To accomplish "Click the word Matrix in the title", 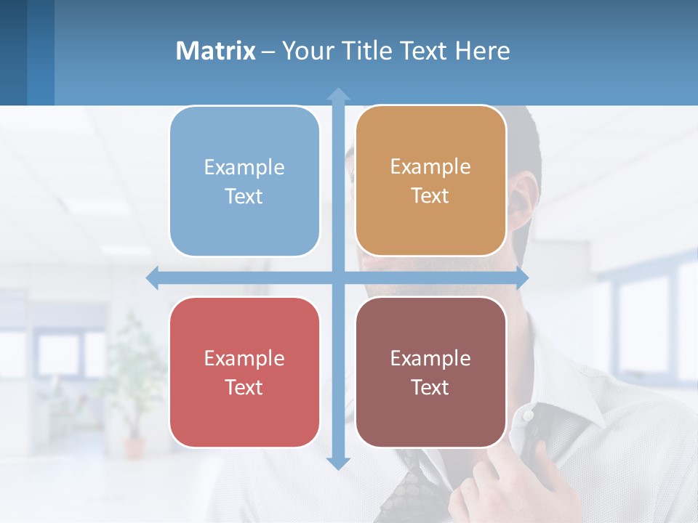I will coord(216,51).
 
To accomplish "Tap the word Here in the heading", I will coord(483,51).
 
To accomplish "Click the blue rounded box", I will coord(244,181).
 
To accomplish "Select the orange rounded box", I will coord(430,181).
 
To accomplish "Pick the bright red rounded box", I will coord(244,372).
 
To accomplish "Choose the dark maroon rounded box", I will coord(430,372).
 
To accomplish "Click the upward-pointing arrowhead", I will coord(338,94).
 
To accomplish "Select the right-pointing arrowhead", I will coord(522,277).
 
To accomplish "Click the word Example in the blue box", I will coord(244,167).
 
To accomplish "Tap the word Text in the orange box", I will coord(430,196).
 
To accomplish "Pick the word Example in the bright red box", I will coord(244,358).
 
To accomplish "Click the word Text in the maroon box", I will coord(430,387).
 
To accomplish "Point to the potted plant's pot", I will coord(135,446).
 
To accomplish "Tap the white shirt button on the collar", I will coord(528,415).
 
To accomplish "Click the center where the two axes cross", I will coord(338,277).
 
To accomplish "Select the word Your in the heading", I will coord(305,51).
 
